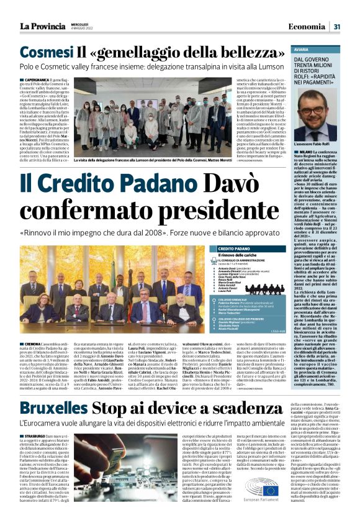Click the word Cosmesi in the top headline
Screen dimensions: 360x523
46,53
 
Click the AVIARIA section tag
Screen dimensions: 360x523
302,48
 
